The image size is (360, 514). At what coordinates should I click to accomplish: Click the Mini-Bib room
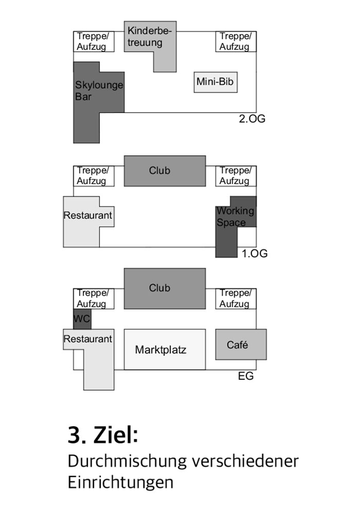(x=215, y=82)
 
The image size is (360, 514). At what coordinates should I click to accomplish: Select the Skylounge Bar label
(x=99, y=91)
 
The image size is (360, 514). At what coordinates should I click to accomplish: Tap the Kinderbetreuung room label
(x=150, y=36)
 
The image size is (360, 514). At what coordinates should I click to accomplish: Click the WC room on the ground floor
(x=82, y=319)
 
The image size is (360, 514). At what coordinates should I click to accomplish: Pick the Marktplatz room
(x=165, y=350)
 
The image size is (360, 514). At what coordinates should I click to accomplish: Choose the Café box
(x=241, y=344)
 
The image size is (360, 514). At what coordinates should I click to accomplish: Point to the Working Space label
(x=236, y=217)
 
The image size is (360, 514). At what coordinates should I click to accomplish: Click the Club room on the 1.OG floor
(x=165, y=171)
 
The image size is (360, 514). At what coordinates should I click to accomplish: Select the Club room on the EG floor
(x=165, y=288)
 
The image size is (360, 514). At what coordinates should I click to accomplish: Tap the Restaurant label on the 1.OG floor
(x=88, y=215)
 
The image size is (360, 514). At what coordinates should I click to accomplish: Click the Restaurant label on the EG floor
(x=88, y=339)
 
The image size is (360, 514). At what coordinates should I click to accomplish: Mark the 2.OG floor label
(x=252, y=119)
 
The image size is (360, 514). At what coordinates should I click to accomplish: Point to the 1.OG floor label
(x=255, y=253)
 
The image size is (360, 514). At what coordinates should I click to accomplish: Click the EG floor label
(x=246, y=376)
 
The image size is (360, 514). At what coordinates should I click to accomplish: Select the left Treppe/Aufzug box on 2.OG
(x=94, y=42)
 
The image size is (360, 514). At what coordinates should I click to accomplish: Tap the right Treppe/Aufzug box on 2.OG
(x=236, y=42)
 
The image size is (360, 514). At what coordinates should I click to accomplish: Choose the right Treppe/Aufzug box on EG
(x=236, y=299)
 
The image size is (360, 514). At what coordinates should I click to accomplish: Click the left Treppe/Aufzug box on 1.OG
(x=94, y=176)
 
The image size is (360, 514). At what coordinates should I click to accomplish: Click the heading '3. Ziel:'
(x=103, y=435)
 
